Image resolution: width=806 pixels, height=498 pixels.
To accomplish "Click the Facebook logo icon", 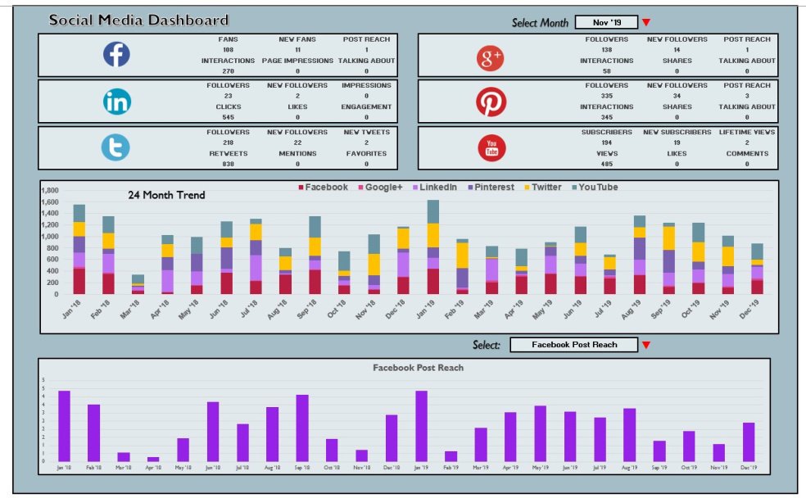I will click(115, 55).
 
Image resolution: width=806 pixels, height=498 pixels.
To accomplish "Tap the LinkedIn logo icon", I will click(115, 101).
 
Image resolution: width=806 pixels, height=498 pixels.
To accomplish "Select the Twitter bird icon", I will click(115, 147).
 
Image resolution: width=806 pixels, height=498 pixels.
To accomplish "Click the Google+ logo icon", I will click(491, 57).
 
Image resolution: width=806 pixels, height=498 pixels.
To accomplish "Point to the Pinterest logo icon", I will click(491, 102).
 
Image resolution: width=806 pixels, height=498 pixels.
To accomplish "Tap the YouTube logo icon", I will click(491, 147).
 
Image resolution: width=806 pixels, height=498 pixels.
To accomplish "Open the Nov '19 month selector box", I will click(605, 22).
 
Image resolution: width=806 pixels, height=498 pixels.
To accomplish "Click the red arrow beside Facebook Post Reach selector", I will click(646, 346).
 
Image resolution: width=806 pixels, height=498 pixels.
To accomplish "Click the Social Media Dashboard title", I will click(138, 20).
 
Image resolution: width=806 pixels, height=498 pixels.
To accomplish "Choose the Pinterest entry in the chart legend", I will click(491, 188).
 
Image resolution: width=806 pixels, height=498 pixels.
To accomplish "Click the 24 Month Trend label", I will click(166, 196).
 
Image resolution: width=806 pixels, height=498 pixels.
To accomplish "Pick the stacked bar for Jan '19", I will click(432, 247).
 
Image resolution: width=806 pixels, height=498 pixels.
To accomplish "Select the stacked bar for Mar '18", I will click(138, 284).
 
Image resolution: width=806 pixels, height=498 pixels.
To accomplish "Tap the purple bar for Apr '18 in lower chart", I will click(153, 459).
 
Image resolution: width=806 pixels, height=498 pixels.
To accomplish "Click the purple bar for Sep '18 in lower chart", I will click(302, 428).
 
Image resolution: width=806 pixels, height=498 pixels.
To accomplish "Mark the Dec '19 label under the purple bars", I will click(748, 469).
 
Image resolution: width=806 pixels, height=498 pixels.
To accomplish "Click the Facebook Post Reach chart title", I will click(418, 368).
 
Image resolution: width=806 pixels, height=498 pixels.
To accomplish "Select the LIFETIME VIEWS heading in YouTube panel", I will click(746, 132).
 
